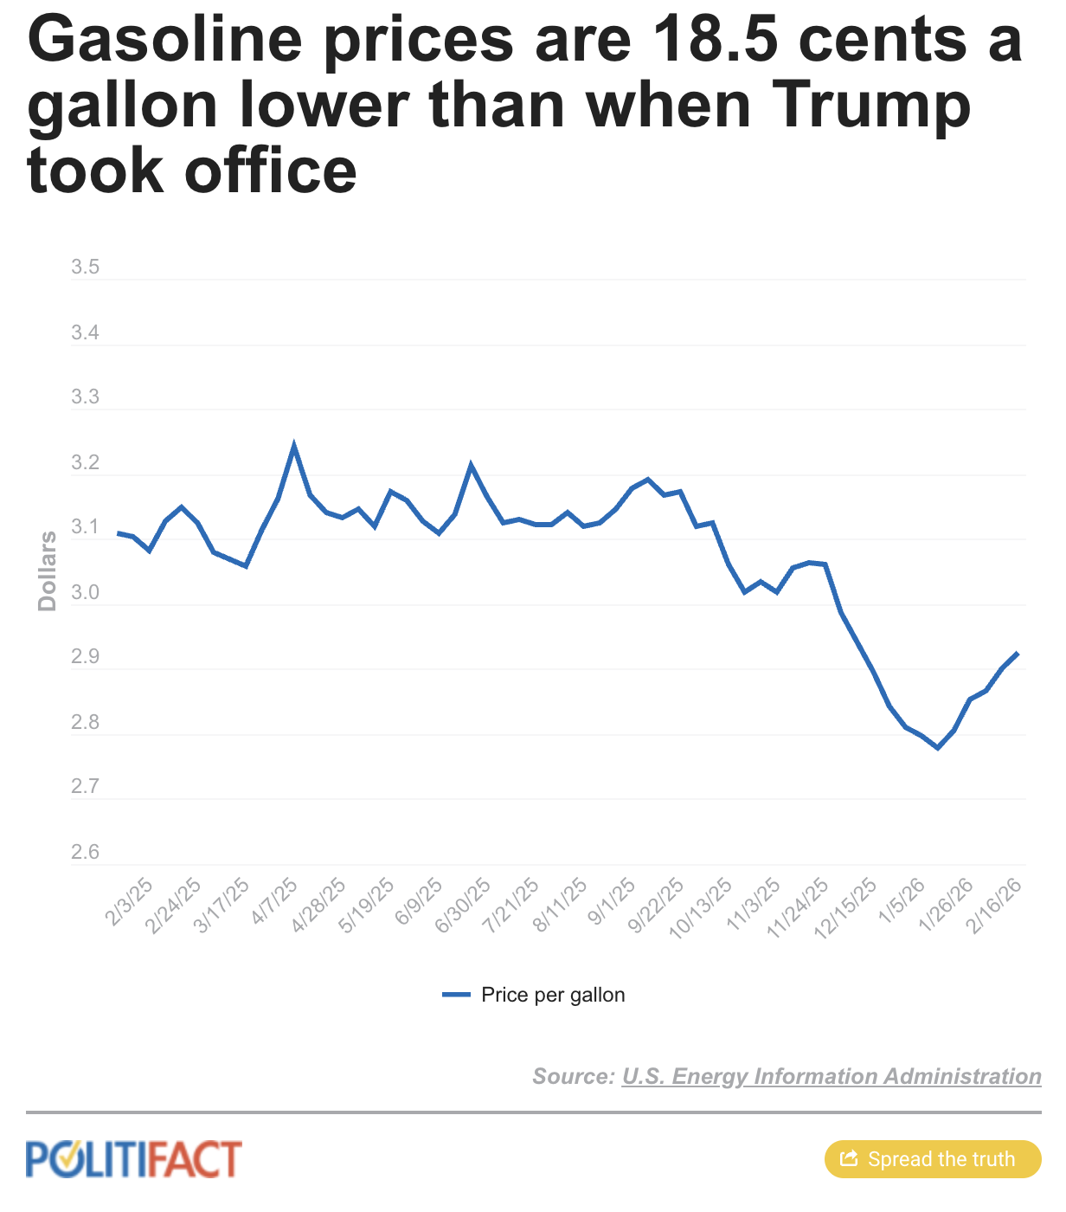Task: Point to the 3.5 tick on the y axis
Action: [85, 268]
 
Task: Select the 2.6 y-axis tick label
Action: [85, 853]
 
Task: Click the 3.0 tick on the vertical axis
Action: [85, 593]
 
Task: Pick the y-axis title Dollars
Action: [48, 571]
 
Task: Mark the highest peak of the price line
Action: [294, 446]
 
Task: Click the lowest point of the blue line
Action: [937, 747]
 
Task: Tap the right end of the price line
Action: [1018, 653]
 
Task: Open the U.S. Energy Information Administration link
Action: [831, 1076]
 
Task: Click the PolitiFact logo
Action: [134, 1159]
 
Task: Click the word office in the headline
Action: [270, 171]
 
